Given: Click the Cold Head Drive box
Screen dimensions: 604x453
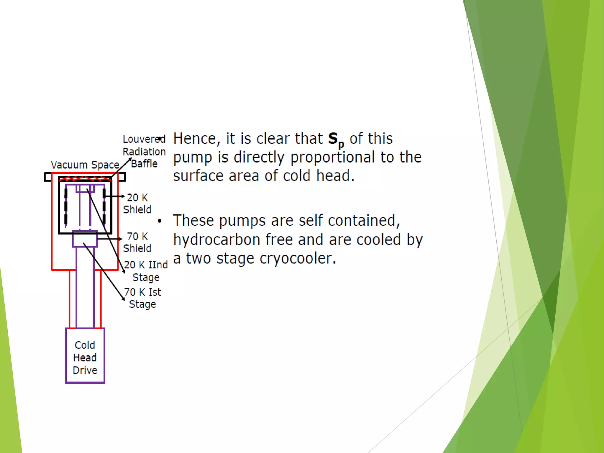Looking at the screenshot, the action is pos(85,356).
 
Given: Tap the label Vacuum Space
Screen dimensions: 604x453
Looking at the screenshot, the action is pos(85,165).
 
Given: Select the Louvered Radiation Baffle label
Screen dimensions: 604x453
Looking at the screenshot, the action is pos(144,151).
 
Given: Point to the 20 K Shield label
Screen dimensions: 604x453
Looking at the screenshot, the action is pos(137,203).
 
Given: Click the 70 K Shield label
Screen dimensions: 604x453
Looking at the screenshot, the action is pos(137,242).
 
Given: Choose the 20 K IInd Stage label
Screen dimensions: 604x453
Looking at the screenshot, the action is pos(146,271).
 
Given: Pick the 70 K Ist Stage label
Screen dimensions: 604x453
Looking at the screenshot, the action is pos(142,298).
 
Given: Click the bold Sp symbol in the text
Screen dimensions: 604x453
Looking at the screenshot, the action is pos(336,139).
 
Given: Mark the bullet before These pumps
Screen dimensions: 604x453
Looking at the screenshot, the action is pos(160,221).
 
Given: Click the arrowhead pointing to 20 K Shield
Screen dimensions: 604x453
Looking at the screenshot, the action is pos(123,196).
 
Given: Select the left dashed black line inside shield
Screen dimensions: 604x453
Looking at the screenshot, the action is pos(66,206).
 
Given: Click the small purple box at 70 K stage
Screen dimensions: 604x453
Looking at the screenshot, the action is pos(85,239).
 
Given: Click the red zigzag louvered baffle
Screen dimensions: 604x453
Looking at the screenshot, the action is pos(85,178).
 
